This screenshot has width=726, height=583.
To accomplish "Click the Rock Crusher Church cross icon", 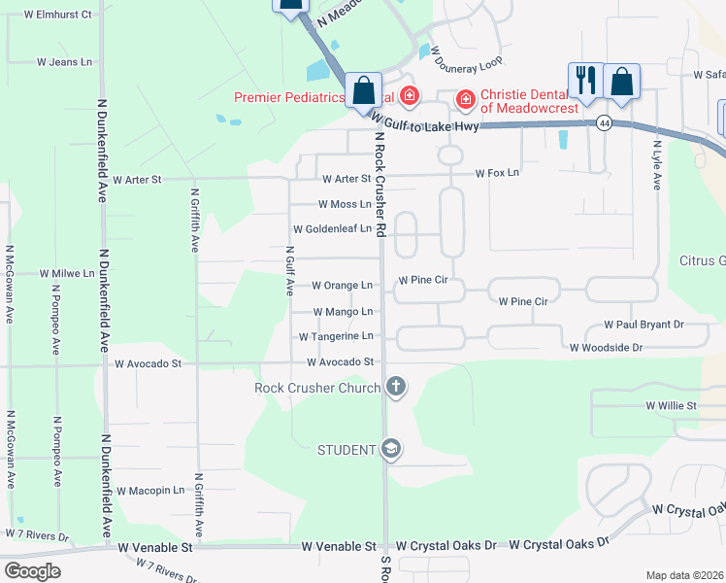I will [x=395, y=388].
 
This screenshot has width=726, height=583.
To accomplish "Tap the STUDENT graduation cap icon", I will [x=391, y=449].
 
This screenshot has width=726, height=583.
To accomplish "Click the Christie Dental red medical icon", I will [x=465, y=98].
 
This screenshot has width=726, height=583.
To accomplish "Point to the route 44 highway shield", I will [x=605, y=123].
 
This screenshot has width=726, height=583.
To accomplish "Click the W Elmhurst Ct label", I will [x=59, y=15].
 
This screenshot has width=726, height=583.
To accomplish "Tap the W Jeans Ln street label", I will [x=64, y=61].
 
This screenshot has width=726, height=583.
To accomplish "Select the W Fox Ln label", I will [x=497, y=173].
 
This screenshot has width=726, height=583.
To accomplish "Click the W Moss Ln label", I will [x=345, y=204].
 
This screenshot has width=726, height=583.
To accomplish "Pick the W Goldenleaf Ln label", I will [x=333, y=229].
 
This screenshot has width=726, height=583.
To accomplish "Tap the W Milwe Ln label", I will [x=67, y=274].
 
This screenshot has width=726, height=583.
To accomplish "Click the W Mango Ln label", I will [x=343, y=311].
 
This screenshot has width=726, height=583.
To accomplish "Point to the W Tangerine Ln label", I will [x=336, y=336].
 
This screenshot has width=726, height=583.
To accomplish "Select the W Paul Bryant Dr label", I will [x=643, y=324].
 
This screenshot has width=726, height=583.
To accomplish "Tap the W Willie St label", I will [x=672, y=404].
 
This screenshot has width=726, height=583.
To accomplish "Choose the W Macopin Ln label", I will [x=150, y=491].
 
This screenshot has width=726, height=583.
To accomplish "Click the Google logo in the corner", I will [x=32, y=571].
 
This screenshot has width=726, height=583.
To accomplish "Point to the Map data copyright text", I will [x=684, y=575].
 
